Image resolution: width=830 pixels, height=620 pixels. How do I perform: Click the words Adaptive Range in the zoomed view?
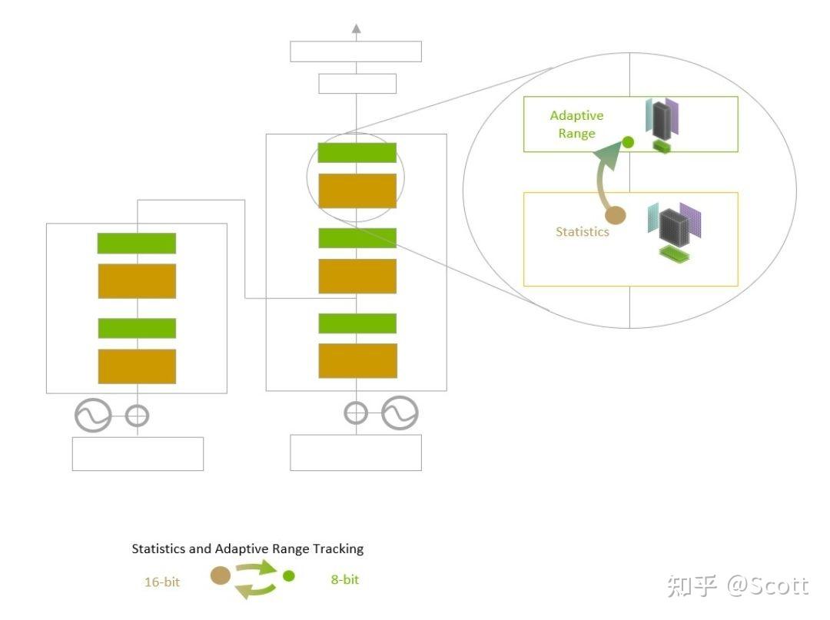576,124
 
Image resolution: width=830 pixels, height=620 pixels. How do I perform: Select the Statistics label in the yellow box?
582,231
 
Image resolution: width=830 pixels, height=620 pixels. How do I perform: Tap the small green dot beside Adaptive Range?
628,142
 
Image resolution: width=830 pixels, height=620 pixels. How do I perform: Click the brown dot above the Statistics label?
616,216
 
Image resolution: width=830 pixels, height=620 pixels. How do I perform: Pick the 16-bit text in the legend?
162,582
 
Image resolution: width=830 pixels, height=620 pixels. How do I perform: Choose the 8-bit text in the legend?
344,579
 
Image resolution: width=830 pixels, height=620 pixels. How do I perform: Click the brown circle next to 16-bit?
221,575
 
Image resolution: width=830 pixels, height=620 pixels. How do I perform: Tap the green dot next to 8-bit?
289,575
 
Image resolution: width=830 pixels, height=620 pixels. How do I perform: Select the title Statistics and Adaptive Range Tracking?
247,549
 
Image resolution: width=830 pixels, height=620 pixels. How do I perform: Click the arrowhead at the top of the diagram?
356,29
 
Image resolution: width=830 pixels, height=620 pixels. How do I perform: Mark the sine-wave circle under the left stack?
93,416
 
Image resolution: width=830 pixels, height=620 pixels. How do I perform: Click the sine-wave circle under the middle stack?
400,413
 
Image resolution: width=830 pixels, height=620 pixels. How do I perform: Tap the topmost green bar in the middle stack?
357,153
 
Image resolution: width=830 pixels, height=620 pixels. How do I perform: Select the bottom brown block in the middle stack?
357,360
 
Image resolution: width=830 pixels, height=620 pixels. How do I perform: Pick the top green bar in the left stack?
137,243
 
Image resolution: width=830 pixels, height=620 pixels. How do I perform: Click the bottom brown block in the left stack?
137,366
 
